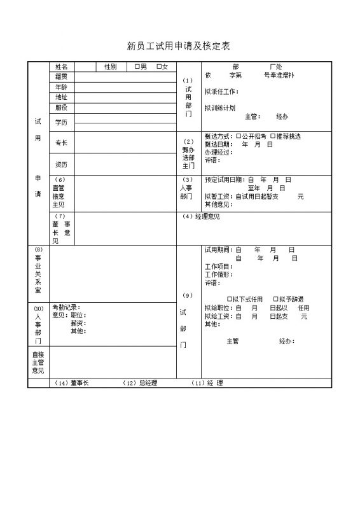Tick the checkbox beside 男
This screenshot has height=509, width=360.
tap(136, 67)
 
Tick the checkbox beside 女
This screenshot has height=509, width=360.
tap(158, 67)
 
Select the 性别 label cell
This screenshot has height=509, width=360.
tap(110, 67)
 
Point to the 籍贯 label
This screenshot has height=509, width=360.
tap(62, 76)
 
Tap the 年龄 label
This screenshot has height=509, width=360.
tap(62, 87)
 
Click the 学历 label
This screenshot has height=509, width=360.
tap(62, 122)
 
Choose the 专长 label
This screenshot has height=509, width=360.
tap(62, 143)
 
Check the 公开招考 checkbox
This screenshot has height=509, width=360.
tap(239, 136)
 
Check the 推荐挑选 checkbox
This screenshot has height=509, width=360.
tap(272, 136)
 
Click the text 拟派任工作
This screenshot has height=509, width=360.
tap(221, 92)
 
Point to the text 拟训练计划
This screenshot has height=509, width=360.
tap(220, 108)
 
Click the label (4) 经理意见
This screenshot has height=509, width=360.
tap(201, 217)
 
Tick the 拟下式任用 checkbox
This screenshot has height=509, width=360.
tap(230, 299)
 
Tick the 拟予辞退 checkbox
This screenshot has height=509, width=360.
tap(274, 299)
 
